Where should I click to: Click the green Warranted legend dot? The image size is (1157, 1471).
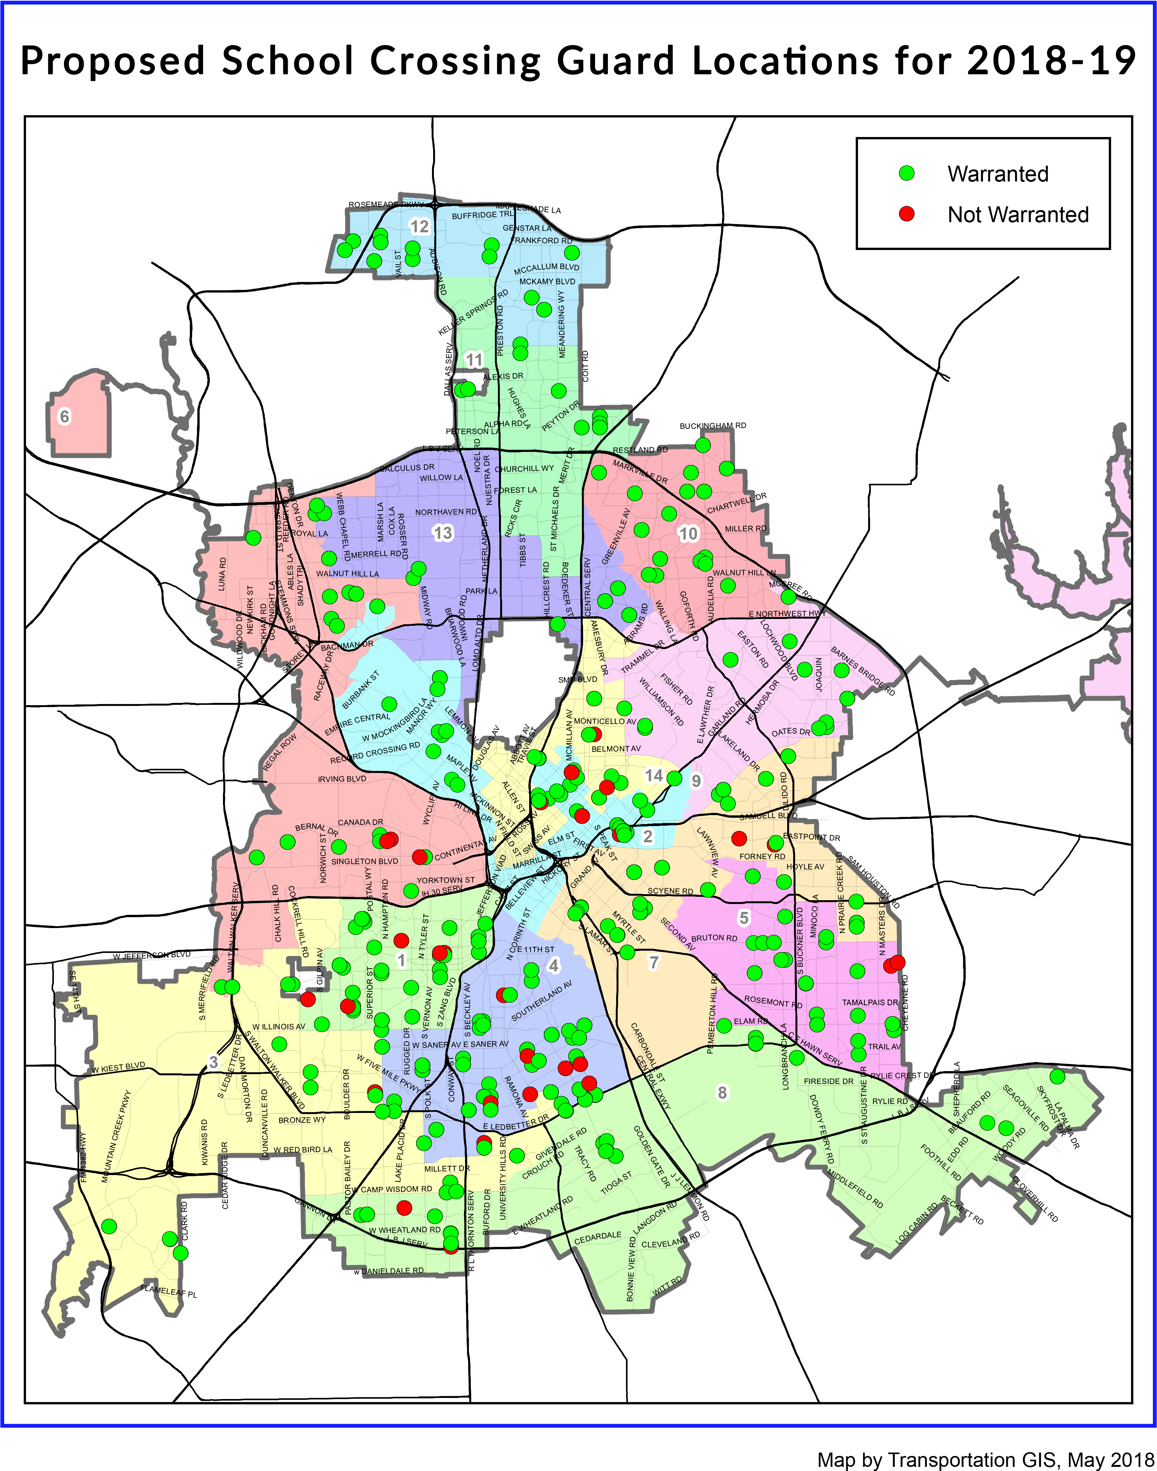pos(907,173)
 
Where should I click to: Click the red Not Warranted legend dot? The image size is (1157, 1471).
pos(907,214)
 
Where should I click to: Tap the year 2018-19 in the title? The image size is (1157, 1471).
pos(1051,61)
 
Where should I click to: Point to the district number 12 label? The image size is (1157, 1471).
pos(419,226)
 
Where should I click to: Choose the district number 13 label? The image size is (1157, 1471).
pos(442,533)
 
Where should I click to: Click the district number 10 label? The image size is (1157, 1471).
pos(688,534)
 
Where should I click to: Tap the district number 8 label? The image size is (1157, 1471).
pos(722,1092)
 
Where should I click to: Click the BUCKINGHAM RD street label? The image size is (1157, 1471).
pos(713,425)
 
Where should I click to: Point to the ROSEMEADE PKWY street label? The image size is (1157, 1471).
pos(385,204)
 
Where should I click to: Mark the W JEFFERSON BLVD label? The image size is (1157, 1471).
pos(152,956)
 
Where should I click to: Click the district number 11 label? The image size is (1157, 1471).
pos(474,360)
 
